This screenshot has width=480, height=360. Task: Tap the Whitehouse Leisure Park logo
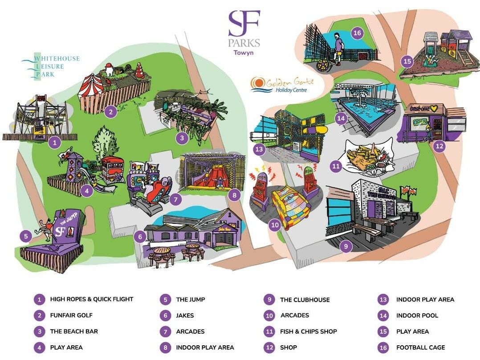coord(50,67)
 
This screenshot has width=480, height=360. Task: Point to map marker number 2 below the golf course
coord(111,112)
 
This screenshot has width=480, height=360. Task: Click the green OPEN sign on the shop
coord(420,121)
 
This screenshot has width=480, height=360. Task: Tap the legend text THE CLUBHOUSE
coord(305,300)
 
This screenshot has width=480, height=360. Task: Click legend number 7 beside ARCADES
coord(165,331)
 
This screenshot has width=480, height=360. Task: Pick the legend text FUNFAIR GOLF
coord(71,315)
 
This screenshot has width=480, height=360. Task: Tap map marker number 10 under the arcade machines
coord(275,225)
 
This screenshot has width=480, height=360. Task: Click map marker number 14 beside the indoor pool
coord(341,118)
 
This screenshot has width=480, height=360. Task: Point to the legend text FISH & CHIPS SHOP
coord(309,331)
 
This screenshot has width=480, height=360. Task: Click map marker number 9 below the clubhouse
coord(346,246)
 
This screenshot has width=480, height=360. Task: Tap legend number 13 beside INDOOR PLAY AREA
coord(383,300)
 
